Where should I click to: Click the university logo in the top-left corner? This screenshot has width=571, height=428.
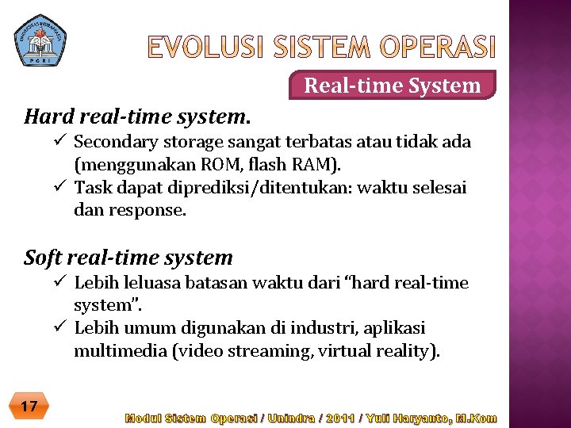(x=40, y=40)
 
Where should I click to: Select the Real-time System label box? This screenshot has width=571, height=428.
(x=393, y=85)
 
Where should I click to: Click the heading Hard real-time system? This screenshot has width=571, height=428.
(x=137, y=117)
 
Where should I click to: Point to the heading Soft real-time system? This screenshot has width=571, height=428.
(x=128, y=258)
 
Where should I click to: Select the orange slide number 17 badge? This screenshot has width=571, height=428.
(x=29, y=407)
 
